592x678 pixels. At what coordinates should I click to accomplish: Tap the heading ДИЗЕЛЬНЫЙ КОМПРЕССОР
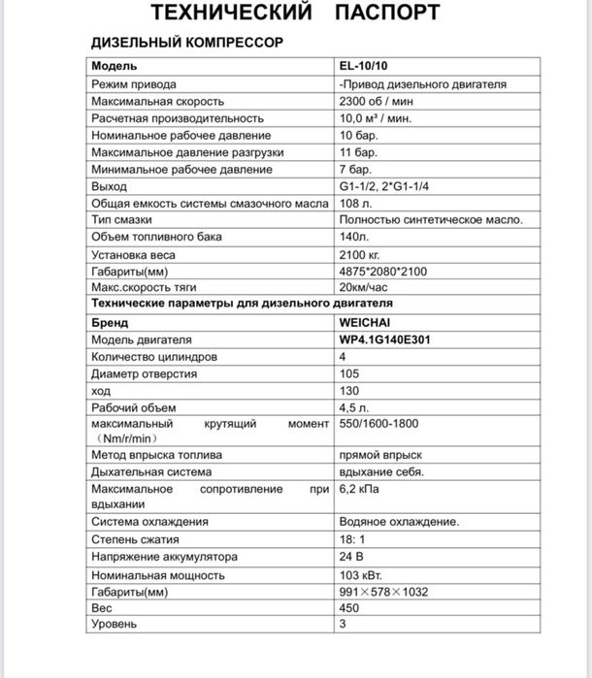186,45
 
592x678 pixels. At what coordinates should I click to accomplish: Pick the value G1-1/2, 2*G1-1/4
381,186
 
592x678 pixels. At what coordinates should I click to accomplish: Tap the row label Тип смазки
125,220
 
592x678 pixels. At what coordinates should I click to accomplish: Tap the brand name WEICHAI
364,323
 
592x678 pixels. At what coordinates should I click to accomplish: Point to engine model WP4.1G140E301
385,340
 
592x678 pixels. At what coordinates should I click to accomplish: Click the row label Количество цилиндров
153,357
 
